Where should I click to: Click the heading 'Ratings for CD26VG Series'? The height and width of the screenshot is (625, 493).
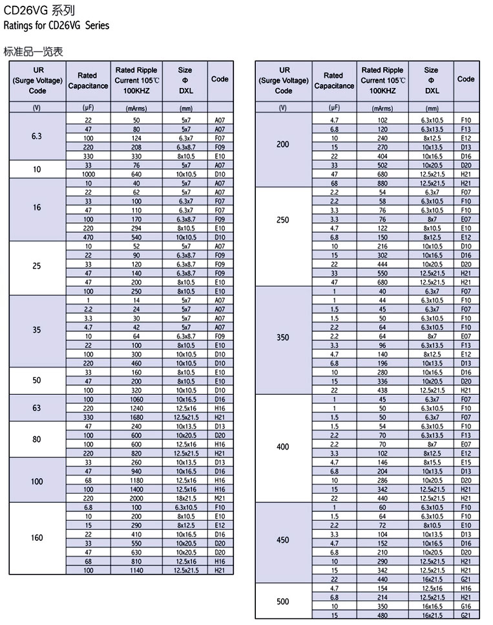coord(56,26)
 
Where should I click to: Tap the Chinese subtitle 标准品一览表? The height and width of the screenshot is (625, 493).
coord(33,50)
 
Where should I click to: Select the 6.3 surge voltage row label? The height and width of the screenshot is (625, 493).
coord(36,137)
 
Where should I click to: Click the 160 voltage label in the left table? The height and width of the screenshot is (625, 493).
coord(36,538)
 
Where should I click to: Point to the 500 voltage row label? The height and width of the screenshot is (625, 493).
coord(283,602)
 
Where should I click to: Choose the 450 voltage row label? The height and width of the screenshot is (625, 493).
coord(283,540)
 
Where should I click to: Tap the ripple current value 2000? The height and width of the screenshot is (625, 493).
coord(136,499)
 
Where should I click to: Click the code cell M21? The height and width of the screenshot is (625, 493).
coord(220,499)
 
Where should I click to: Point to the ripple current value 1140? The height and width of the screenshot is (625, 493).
coord(136,569)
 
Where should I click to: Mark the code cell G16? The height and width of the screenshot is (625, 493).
coord(466,606)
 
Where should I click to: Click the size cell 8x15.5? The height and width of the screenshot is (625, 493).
coord(432,463)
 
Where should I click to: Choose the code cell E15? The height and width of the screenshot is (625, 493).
coord(466,463)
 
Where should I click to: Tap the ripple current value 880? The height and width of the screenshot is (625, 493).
coord(383,183)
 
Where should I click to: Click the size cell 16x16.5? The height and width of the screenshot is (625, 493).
coord(432,606)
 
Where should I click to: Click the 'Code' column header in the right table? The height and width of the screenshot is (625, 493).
coord(466,79)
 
